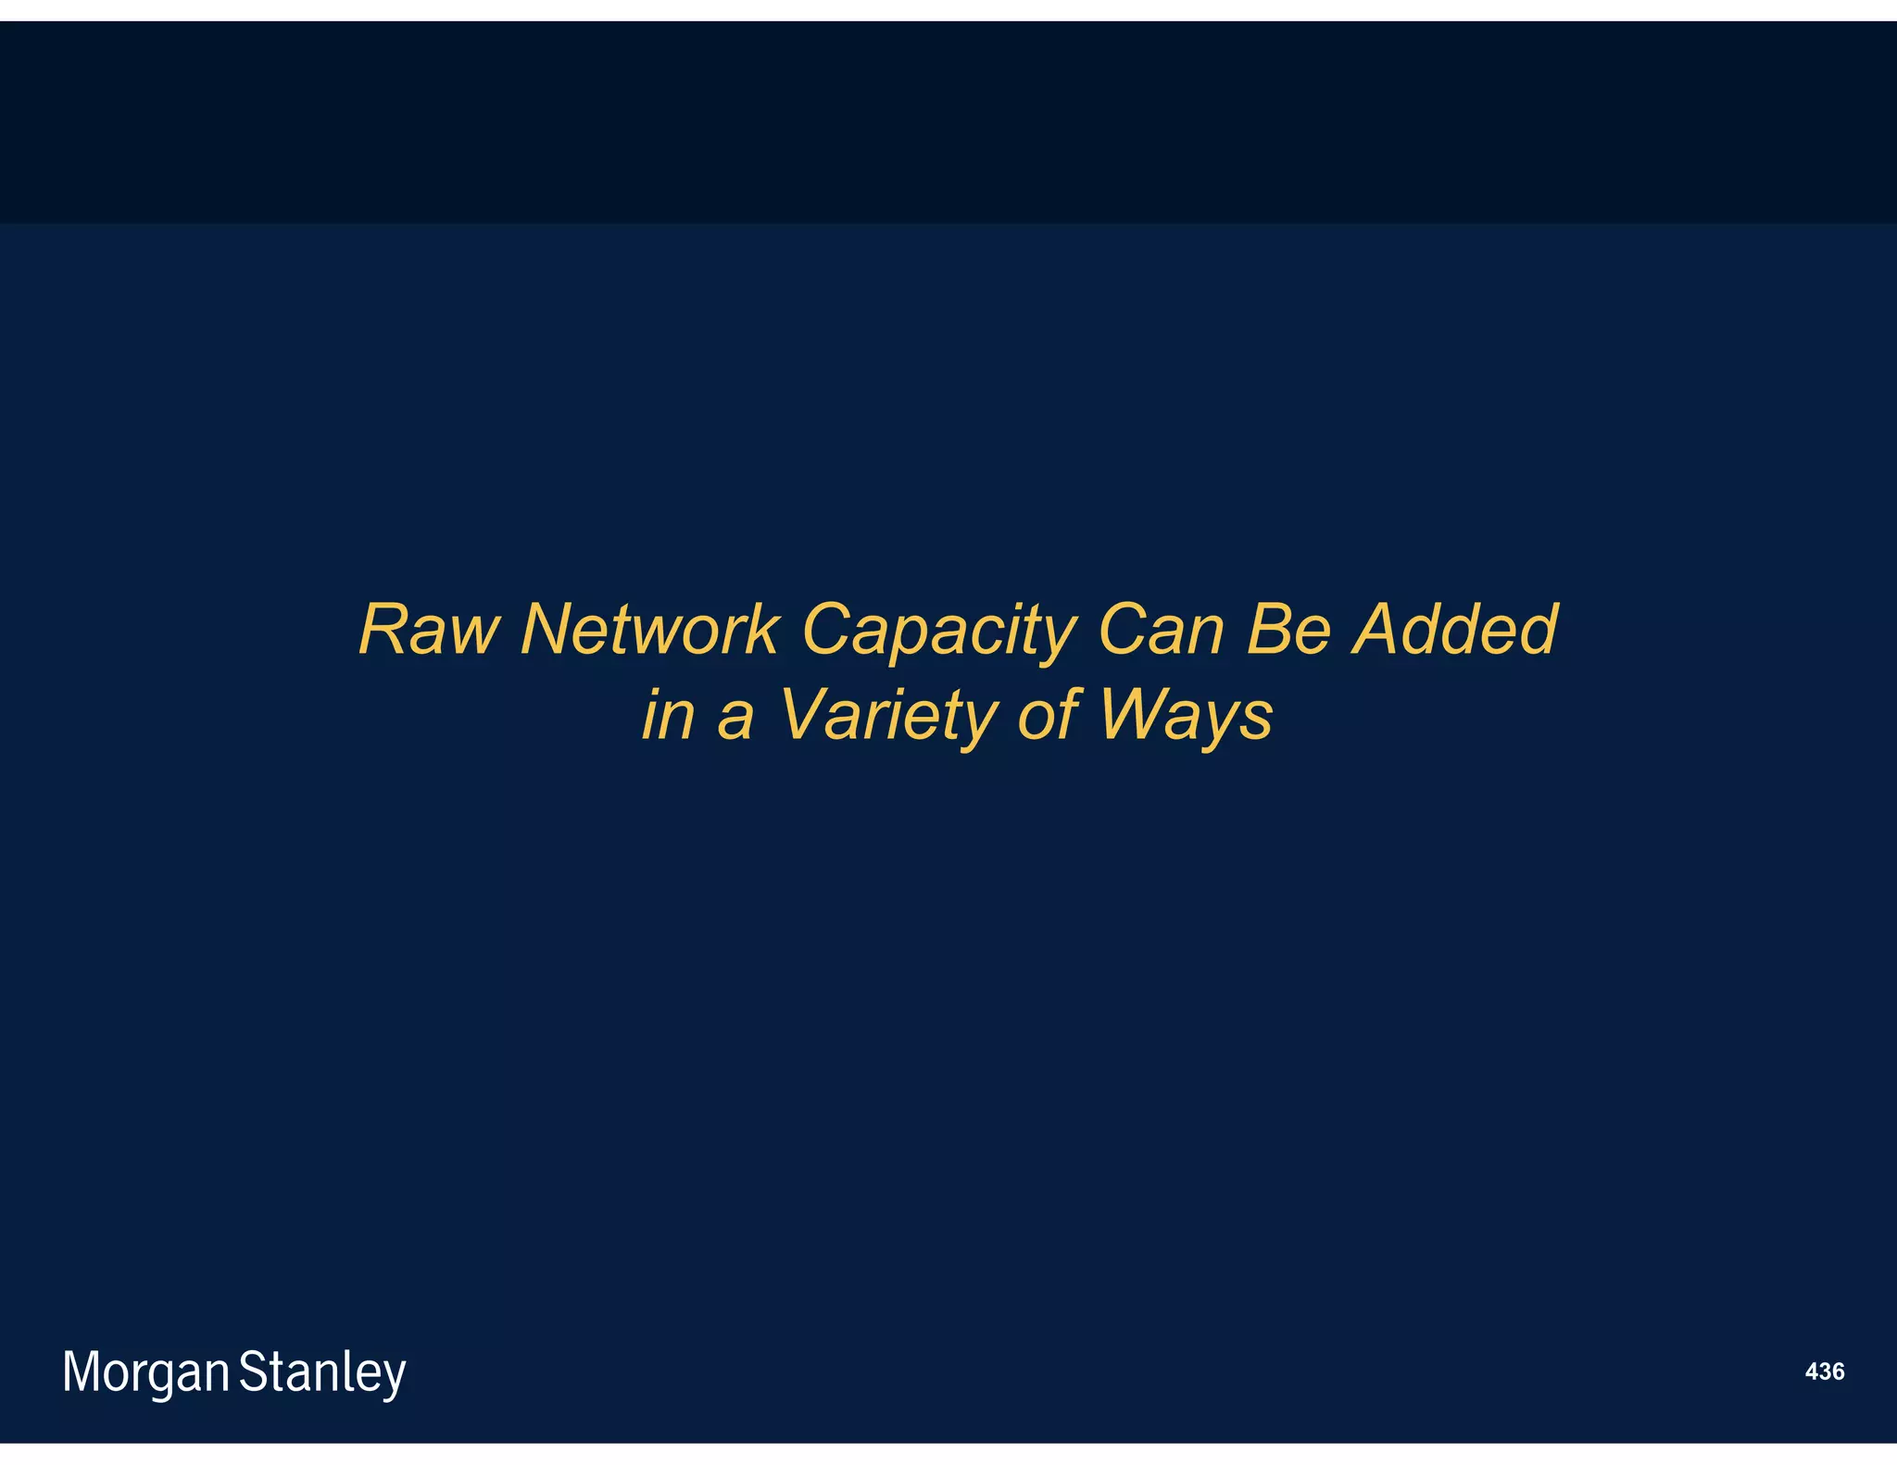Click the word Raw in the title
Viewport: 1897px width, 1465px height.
click(428, 630)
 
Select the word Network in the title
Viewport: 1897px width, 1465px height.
click(649, 630)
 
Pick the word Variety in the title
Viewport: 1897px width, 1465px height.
click(887, 716)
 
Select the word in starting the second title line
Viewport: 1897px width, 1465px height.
click(668, 715)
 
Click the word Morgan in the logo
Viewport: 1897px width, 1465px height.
click(145, 1372)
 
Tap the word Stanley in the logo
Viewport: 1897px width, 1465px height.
click(322, 1372)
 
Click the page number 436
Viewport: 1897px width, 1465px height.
click(1825, 1371)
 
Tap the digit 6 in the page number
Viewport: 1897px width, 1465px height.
click(1838, 1371)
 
